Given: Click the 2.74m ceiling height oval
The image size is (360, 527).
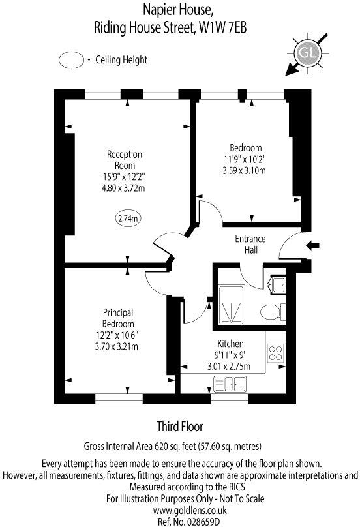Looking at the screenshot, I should click(x=128, y=219).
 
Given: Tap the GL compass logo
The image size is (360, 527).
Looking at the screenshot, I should click(x=304, y=52).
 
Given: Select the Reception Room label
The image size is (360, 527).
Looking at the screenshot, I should click(x=124, y=160).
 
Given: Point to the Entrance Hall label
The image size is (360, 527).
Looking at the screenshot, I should click(x=250, y=244).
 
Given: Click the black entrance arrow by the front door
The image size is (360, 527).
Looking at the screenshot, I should click(x=314, y=246).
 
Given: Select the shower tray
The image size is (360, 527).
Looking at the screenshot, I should click(x=230, y=305).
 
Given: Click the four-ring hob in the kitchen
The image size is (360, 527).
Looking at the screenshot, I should click(x=275, y=353).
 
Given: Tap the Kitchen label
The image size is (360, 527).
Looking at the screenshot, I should click(x=231, y=344).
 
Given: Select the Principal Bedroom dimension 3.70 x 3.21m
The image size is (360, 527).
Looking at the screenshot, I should click(x=118, y=346).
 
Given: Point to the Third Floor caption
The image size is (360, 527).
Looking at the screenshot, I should click(x=180, y=427).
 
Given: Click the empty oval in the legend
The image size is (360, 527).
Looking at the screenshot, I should click(x=72, y=60).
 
